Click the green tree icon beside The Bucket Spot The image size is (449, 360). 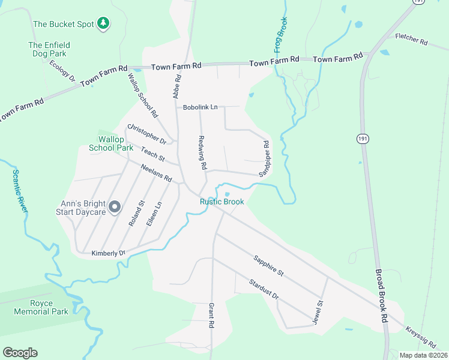(x=104, y=23)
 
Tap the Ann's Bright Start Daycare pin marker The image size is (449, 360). (x=115, y=208)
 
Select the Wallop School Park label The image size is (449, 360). (x=111, y=143)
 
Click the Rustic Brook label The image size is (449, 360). (x=222, y=202)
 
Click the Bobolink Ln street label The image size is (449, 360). (x=200, y=107)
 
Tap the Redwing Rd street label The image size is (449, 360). (x=202, y=152)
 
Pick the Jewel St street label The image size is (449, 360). (x=318, y=312)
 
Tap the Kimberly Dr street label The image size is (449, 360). (x=108, y=253)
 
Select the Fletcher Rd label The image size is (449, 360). (x=411, y=40)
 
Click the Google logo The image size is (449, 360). (x=20, y=353)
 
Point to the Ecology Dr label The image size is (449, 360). (x=62, y=70)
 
